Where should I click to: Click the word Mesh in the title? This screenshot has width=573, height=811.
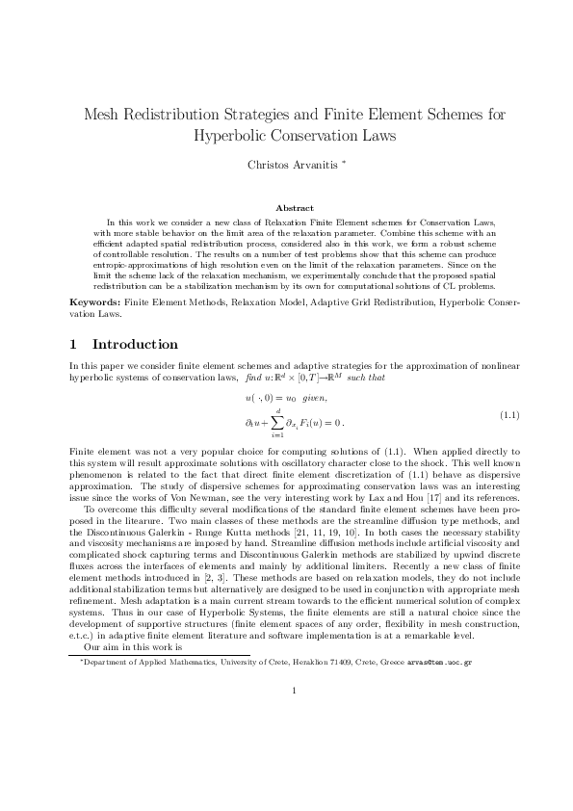(x=106, y=115)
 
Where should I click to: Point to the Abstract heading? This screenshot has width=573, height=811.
(x=295, y=207)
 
